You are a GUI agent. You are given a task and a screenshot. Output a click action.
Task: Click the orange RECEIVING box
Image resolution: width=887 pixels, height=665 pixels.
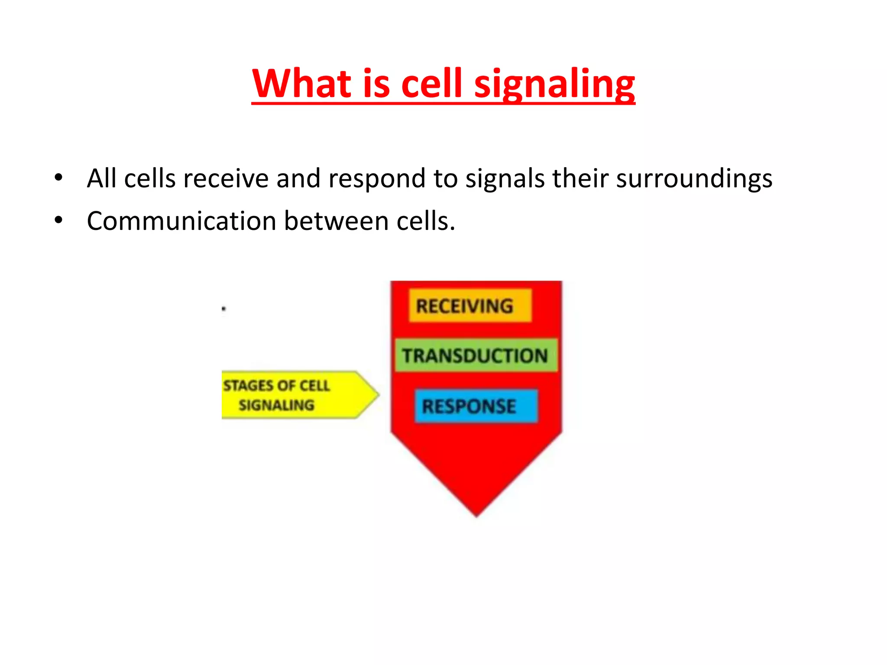pyautogui.click(x=470, y=306)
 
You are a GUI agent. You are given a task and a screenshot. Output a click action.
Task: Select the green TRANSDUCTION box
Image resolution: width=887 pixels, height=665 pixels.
pyautogui.click(x=476, y=355)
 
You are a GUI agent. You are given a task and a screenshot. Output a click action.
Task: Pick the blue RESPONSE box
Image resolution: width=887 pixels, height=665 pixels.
pyautogui.click(x=476, y=406)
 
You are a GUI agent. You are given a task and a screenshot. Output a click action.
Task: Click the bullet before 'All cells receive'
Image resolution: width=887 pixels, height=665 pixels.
pyautogui.click(x=58, y=178)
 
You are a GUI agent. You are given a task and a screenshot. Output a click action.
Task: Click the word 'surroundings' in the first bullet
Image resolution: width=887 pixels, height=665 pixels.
pyautogui.click(x=694, y=178)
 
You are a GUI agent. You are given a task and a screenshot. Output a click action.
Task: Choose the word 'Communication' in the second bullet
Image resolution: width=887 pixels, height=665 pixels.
pyautogui.click(x=181, y=221)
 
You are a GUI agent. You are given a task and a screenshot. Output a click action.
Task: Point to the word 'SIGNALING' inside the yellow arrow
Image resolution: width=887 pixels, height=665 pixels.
pyautogui.click(x=276, y=405)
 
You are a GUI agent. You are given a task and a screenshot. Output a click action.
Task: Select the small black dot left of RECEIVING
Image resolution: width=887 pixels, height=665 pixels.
pyautogui.click(x=223, y=309)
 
